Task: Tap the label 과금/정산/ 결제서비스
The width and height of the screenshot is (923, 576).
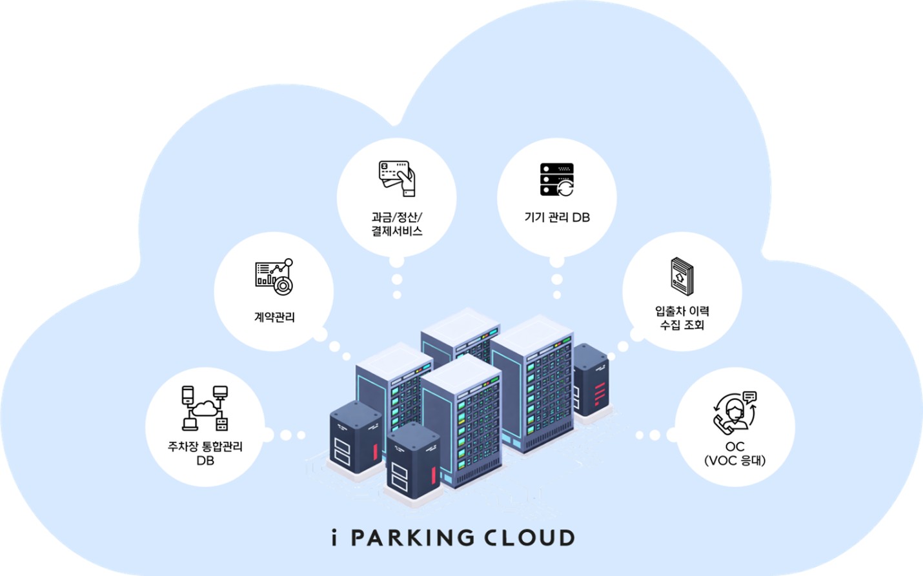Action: pos(396,224)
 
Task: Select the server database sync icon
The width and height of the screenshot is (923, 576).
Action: pos(557,179)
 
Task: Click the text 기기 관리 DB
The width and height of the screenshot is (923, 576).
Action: pos(557,217)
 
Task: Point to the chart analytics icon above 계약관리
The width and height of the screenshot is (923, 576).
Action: pos(274,277)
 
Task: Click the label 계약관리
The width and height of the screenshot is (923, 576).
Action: pos(274,317)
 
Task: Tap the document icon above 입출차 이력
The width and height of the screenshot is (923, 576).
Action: pos(682,276)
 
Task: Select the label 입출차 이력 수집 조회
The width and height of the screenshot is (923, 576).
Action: pos(682,318)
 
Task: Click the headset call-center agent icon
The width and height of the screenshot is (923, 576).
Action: pos(735,412)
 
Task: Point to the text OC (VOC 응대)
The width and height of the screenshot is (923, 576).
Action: pos(735,453)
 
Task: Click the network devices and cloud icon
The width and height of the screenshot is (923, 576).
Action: pos(205,408)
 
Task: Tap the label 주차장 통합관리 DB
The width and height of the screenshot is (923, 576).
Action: pos(205,453)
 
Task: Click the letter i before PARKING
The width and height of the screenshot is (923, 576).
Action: pos(334,538)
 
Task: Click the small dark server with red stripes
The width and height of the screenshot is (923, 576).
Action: pos(591,381)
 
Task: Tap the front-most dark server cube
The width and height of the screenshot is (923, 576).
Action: pos(413,461)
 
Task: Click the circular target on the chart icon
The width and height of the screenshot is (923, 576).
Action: pos(283,285)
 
